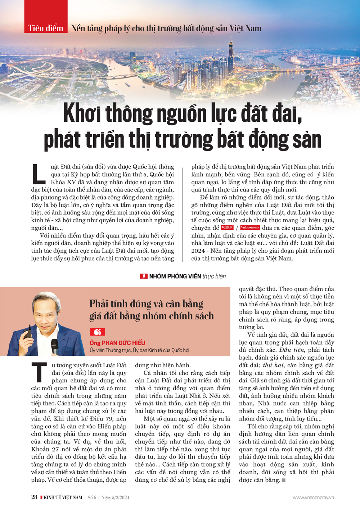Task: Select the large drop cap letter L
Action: click(x=39, y=174)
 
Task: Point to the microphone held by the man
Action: click(x=55, y=346)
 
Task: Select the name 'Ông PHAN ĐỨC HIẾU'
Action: click(x=117, y=343)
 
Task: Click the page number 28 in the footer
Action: click(x=34, y=497)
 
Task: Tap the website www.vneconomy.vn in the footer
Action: click(x=313, y=498)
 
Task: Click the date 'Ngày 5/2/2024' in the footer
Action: click(x=115, y=498)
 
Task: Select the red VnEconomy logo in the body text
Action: click(x=250, y=228)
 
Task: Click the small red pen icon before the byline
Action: click(x=144, y=276)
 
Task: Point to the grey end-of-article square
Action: click(x=284, y=480)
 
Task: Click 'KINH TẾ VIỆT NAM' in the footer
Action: click(x=63, y=498)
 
